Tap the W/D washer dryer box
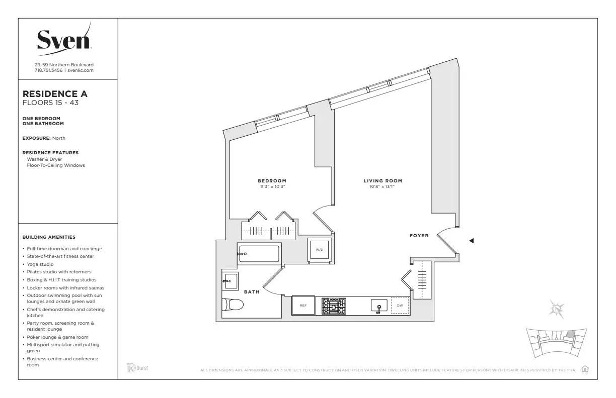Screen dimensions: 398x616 click(319, 250)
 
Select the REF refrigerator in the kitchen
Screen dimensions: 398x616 click(303, 305)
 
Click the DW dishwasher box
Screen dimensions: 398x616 click(400, 305)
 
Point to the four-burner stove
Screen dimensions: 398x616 click(334, 306)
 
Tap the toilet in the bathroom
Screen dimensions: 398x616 click(233, 304)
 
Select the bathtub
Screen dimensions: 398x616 click(259, 254)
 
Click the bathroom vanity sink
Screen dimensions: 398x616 click(229, 281)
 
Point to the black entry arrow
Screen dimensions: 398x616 click(471, 241)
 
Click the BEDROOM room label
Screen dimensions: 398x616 click(272, 181)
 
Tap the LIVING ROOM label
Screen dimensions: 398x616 click(382, 181)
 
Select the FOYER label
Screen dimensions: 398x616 click(419, 235)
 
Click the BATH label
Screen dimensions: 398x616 click(252, 292)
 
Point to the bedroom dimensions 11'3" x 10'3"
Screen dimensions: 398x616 click(272, 187)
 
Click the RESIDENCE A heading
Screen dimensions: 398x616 click(55, 94)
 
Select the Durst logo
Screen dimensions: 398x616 click(137, 368)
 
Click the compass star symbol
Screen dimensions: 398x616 click(557, 308)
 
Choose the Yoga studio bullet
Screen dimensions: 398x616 click(40, 264)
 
